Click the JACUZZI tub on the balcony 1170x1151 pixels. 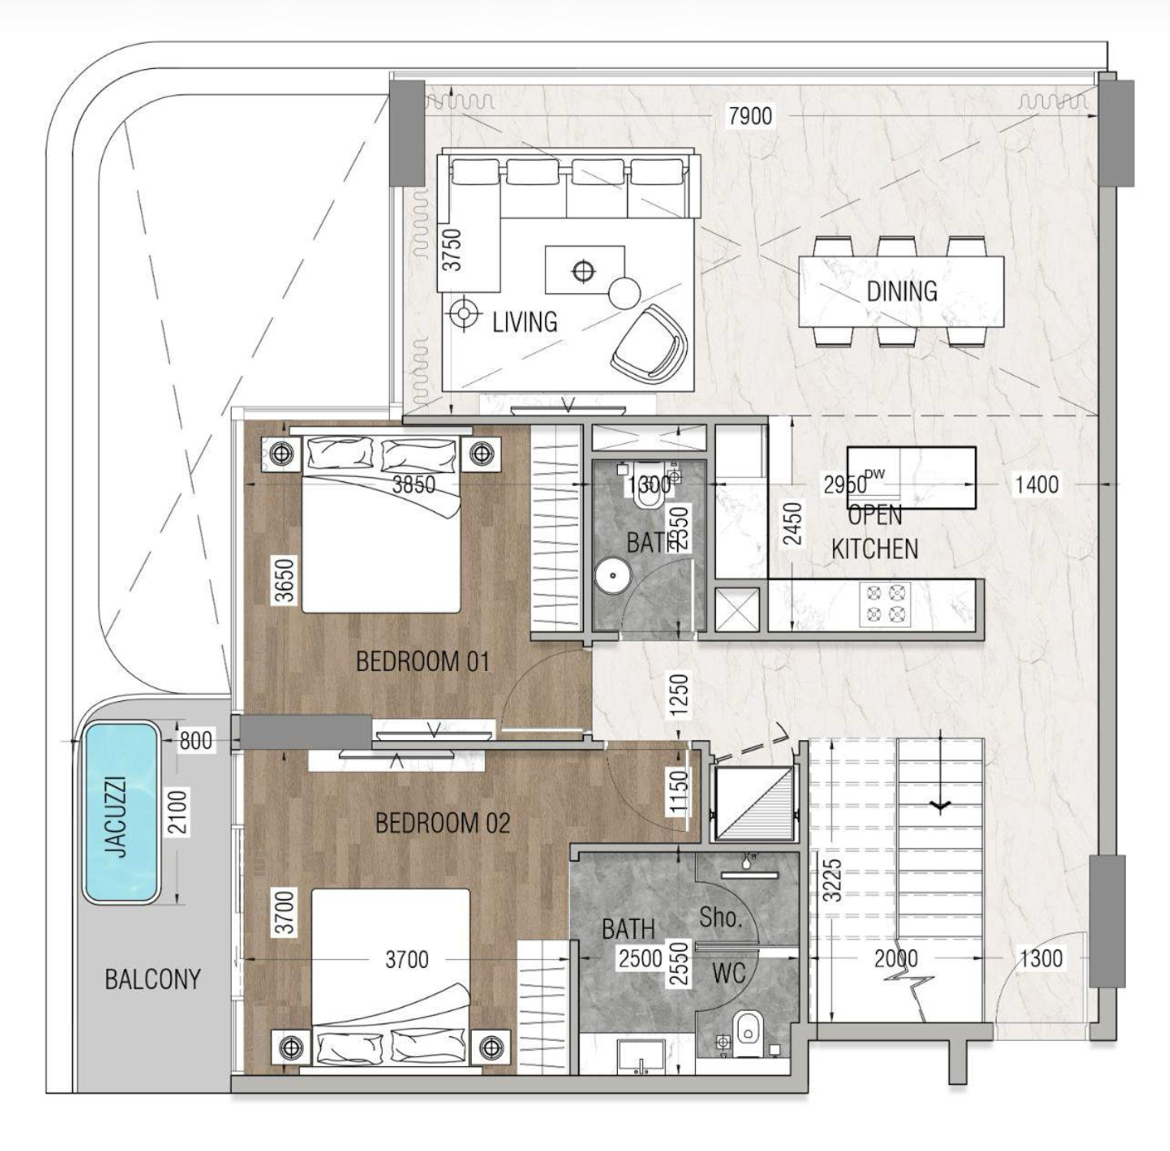pos(121,814)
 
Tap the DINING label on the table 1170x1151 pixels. pos(901,291)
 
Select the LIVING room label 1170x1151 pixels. pos(525,322)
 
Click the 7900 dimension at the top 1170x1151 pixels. pos(750,116)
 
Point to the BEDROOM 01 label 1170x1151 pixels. pos(422,661)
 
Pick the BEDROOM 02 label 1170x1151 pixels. pos(442,823)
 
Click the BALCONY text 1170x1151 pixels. pos(152,979)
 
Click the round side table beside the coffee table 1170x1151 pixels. pos(624,293)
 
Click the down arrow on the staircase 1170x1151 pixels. pos(940,805)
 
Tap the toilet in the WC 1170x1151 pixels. pos(747,1030)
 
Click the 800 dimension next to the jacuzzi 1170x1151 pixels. pos(195,741)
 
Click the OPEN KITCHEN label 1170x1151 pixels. pos(874,533)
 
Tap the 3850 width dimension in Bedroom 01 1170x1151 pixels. pos(413,484)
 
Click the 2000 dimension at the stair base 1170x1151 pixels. pos(895,958)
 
